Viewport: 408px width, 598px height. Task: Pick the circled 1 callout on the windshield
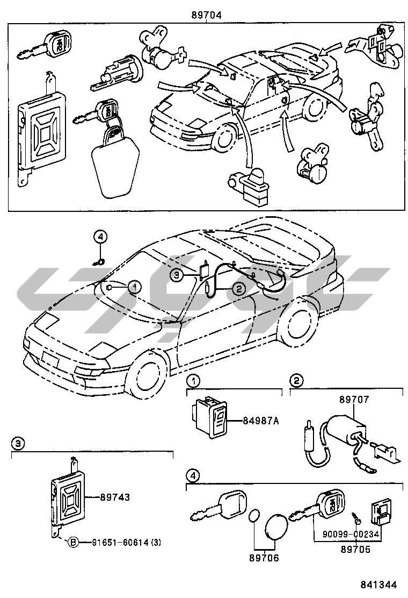click(135, 287)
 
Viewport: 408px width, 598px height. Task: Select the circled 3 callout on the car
click(177, 275)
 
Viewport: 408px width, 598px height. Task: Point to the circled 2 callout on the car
click(238, 289)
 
